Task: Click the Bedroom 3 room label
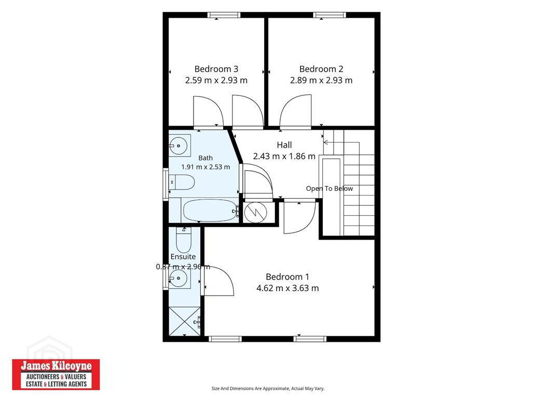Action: tap(216, 69)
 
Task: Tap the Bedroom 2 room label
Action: tap(321, 69)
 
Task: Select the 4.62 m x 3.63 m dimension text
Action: tap(287, 288)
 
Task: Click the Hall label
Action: tap(284, 145)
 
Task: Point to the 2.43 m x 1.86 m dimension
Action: tap(284, 156)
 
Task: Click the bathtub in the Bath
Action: tap(210, 210)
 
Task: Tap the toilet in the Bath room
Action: tap(182, 182)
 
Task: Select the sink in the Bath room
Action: tap(179, 146)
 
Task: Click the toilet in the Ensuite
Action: tap(184, 240)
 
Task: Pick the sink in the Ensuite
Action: tap(179, 278)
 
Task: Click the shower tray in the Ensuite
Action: tap(185, 321)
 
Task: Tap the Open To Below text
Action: tap(329, 189)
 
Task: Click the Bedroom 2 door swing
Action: tap(296, 112)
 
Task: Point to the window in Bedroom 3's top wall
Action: tap(224, 15)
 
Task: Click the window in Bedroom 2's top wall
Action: tap(329, 15)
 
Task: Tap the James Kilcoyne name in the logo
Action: tap(56, 366)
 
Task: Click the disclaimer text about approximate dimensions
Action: tap(268, 389)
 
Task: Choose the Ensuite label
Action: tap(183, 257)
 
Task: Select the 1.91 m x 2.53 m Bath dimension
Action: tap(205, 167)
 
